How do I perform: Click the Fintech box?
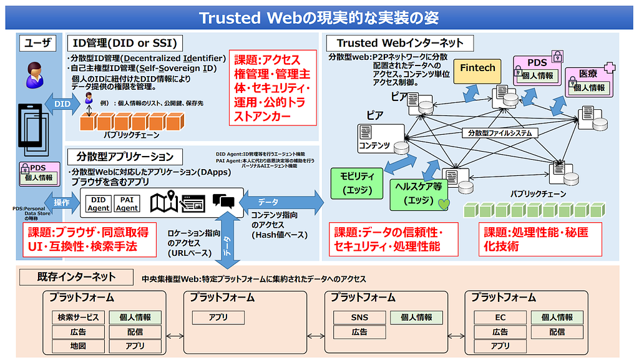point(477,68)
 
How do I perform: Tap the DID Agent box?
point(98,203)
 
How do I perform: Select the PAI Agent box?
point(127,203)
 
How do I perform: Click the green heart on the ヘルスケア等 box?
point(444,203)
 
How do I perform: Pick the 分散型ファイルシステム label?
point(500,133)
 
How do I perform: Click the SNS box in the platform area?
point(359,317)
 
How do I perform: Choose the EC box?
point(500,317)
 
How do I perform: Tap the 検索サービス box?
point(79,317)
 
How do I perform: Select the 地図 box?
point(79,346)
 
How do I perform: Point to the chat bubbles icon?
point(223,200)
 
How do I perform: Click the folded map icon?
point(166,202)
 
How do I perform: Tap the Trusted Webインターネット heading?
point(400,43)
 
